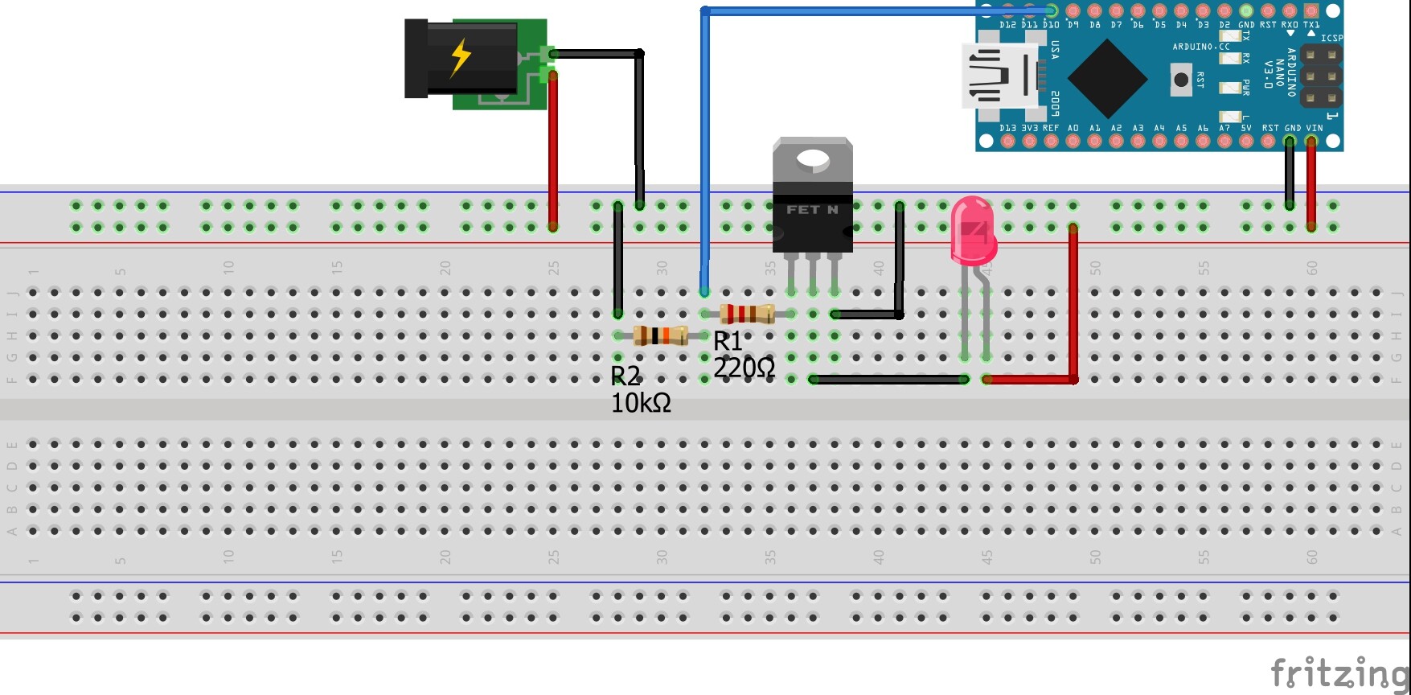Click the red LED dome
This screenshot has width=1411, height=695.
972,230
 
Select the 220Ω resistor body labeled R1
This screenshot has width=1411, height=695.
747,314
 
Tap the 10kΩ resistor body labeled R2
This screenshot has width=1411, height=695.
660,335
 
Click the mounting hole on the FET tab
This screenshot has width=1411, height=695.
813,159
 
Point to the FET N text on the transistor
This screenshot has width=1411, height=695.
812,210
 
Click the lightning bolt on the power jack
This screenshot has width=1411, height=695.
461,58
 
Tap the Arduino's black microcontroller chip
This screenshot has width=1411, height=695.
1107,79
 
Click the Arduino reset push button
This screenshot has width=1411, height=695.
1180,80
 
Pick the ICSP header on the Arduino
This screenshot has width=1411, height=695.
1321,77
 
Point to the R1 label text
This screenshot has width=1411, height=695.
728,341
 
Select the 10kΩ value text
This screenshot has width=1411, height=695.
641,403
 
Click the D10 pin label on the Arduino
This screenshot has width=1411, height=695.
1051,25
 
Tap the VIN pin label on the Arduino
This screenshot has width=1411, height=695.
1314,128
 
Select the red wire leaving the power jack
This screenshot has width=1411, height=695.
553,153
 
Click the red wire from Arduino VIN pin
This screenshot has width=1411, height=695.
1311,185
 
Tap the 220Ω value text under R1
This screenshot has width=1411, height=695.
744,368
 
